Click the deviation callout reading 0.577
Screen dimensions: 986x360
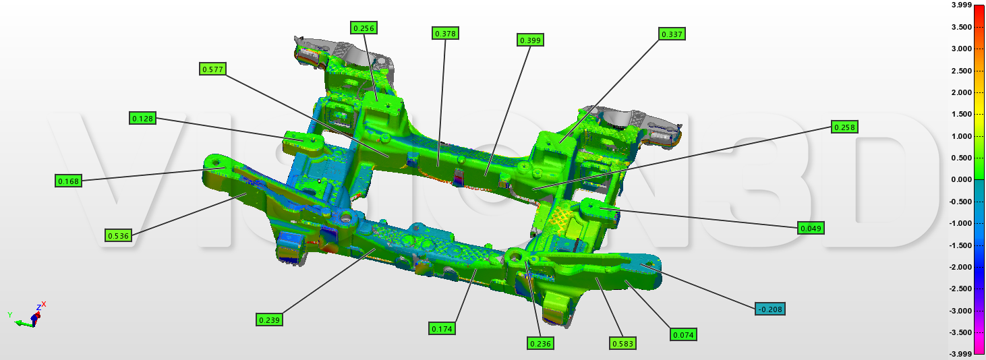point(213,69)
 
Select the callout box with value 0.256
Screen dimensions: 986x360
point(364,28)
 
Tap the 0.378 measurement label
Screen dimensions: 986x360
point(446,34)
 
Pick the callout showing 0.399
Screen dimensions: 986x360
point(530,40)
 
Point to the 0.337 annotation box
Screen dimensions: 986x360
point(672,34)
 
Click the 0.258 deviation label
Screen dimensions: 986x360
point(844,127)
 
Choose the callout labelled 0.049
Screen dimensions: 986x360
point(811,229)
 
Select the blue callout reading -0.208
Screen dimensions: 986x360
point(770,309)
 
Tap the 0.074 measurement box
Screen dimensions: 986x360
point(684,335)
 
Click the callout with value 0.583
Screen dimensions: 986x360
point(622,344)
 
